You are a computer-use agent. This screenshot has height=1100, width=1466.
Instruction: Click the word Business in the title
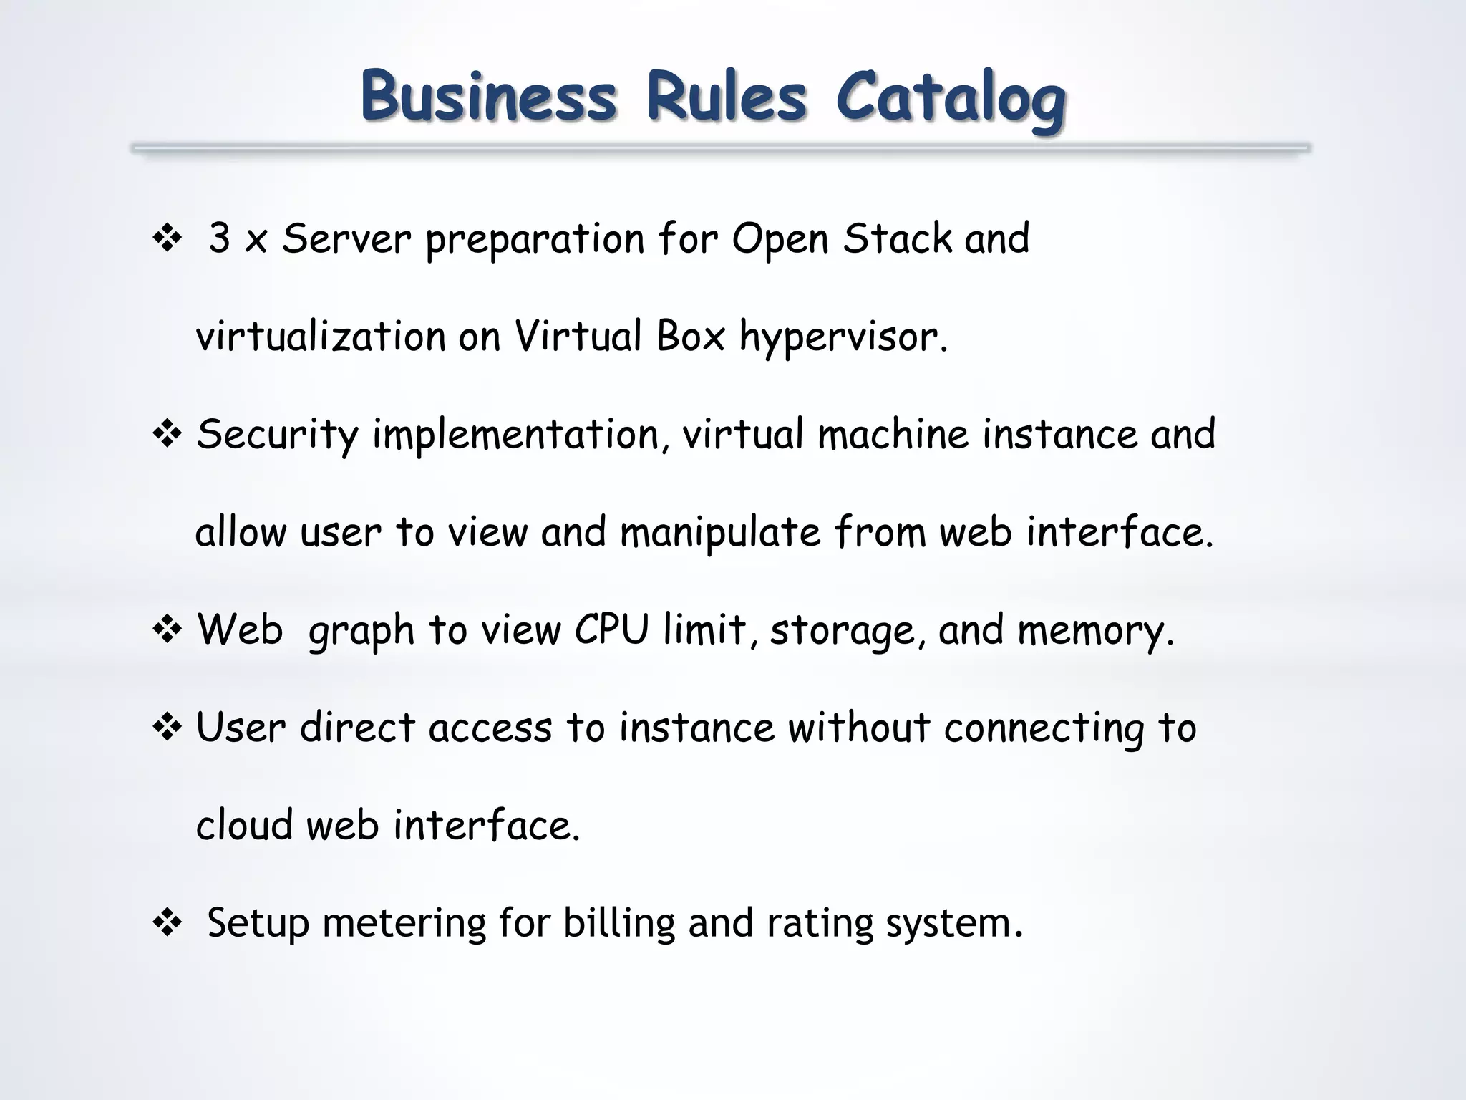coord(488,96)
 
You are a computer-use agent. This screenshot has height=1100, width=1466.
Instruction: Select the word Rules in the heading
coord(727,96)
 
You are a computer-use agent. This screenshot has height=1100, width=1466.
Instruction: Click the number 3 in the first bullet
coord(219,238)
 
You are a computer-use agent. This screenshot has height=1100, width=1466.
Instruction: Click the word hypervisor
coord(843,337)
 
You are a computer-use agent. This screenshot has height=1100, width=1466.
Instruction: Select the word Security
coord(277,435)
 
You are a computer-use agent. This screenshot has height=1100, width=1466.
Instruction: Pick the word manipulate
coord(720,534)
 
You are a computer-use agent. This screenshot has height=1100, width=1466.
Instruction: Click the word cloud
coord(245,825)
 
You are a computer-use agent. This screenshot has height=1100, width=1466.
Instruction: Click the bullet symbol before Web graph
coord(168,630)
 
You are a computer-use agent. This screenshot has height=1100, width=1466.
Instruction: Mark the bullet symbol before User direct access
coord(168,728)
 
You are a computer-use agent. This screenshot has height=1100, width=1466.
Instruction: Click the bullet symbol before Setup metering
coord(168,924)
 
